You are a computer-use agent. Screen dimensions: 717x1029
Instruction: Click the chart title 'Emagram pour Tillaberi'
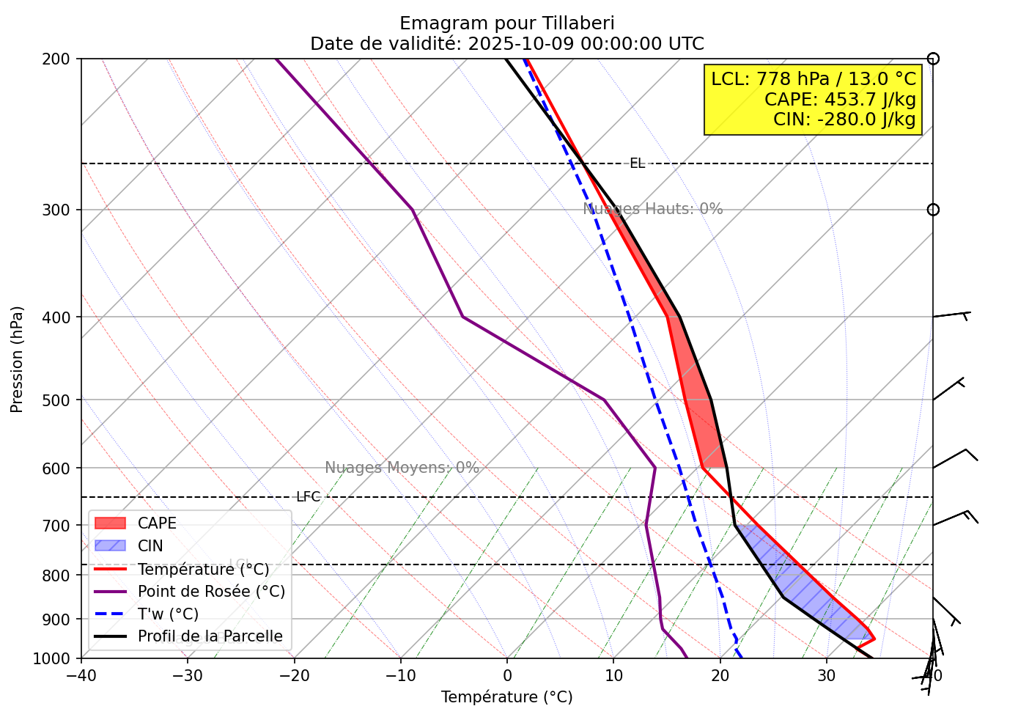pos(506,23)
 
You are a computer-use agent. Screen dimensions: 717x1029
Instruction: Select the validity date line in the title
pos(506,44)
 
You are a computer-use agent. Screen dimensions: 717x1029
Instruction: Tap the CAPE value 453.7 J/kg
pos(840,99)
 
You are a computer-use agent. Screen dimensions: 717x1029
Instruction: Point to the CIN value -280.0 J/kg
pos(844,119)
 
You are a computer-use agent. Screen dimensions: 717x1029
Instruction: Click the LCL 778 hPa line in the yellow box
pos(814,79)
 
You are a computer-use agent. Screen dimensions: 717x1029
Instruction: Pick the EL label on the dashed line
pos(637,163)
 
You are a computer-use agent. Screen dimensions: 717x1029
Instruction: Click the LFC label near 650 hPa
pos(308,497)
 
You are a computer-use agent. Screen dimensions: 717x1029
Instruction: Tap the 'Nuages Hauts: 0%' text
pos(652,209)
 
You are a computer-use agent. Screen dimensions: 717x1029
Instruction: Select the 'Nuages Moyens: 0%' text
pos(402,468)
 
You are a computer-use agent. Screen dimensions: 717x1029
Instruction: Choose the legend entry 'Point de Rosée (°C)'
pos(211,592)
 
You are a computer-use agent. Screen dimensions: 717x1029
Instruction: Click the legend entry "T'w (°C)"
pos(168,614)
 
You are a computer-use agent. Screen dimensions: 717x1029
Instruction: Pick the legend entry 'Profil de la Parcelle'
pos(210,636)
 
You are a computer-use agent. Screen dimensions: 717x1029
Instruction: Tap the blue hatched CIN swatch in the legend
pos(111,546)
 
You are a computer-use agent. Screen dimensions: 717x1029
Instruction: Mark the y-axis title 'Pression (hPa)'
pos(17,359)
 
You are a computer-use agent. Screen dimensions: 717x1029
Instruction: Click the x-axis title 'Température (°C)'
pos(506,697)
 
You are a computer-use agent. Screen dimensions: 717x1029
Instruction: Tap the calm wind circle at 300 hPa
pos(932,210)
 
